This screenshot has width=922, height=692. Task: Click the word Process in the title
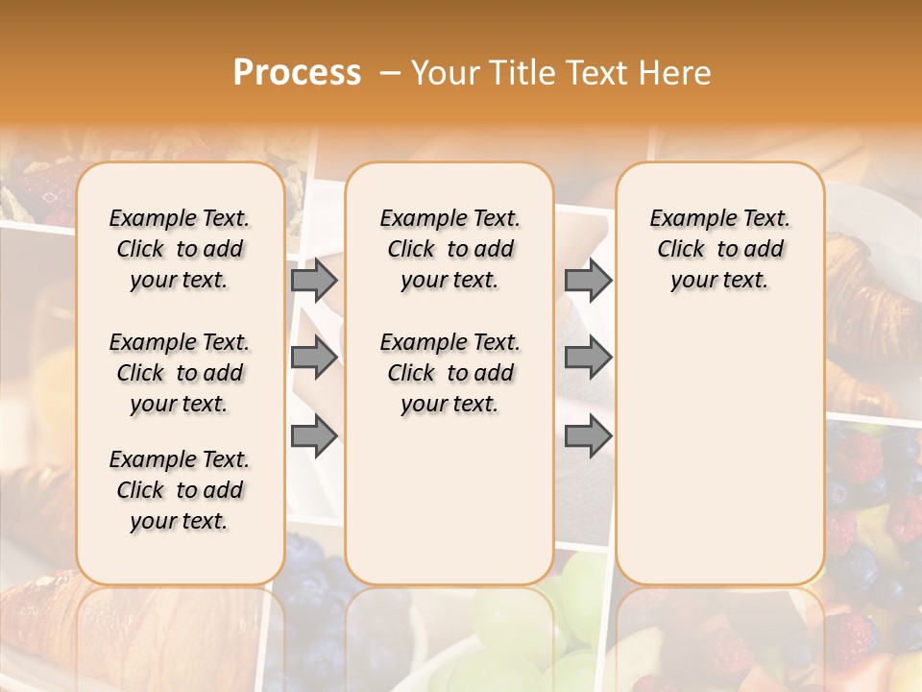point(297,73)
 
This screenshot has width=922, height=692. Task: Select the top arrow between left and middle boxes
point(313,281)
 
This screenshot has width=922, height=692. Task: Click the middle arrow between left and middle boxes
point(313,358)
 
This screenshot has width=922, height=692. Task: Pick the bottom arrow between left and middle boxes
point(313,437)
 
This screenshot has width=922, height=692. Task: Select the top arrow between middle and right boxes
point(588,281)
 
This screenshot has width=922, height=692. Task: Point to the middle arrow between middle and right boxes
point(588,358)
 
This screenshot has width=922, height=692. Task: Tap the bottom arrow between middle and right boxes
point(588,437)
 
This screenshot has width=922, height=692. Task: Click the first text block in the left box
point(180,249)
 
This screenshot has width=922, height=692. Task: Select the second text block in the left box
point(180,373)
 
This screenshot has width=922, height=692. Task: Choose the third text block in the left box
point(180,490)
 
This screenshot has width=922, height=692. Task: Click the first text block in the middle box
point(449,249)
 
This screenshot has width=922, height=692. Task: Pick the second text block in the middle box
point(449,373)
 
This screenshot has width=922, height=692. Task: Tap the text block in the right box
point(720,249)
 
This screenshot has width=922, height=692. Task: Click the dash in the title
point(390,73)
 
